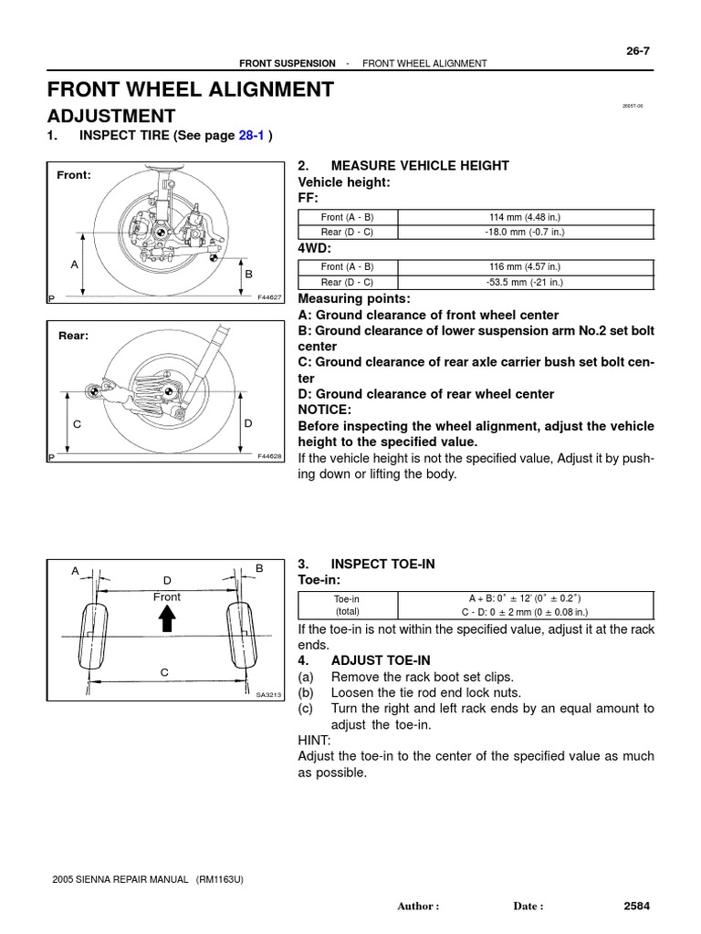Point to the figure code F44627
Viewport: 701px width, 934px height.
(270, 297)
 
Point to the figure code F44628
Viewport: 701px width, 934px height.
(270, 456)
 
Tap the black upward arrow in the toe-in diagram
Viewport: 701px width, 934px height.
(167, 621)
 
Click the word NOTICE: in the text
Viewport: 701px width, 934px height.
(326, 410)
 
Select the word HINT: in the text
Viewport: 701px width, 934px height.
(315, 740)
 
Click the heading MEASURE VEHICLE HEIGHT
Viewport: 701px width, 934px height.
(420, 165)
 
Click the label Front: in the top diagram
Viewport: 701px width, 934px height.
(74, 174)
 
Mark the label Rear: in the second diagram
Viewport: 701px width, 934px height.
(73, 335)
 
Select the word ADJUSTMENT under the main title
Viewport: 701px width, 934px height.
(110, 116)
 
